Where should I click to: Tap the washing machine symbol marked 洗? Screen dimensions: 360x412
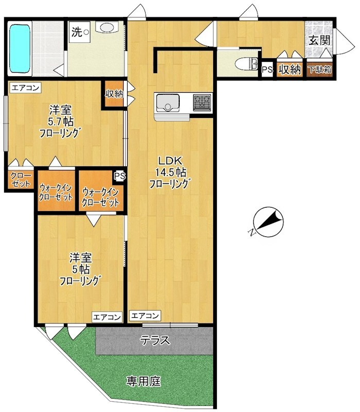(79, 32)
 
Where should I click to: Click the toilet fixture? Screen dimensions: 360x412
(246, 64)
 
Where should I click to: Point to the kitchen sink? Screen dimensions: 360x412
(168, 102)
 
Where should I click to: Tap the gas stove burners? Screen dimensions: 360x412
(202, 102)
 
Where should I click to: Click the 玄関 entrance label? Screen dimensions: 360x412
(319, 40)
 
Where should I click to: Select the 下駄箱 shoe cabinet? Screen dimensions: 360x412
(320, 70)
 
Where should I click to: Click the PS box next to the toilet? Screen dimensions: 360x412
(267, 70)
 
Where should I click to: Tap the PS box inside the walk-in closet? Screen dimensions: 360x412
(119, 176)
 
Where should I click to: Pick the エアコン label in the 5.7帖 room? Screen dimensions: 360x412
(25, 88)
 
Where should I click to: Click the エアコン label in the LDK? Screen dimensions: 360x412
(145, 315)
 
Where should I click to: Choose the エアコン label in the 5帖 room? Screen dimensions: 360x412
(107, 317)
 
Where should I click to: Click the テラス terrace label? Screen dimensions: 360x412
(155, 340)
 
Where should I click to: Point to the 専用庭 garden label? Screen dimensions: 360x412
(144, 381)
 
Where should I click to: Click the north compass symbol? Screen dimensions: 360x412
(268, 221)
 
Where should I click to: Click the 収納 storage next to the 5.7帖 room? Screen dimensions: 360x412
(114, 94)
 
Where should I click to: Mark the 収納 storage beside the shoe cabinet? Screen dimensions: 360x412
(289, 70)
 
